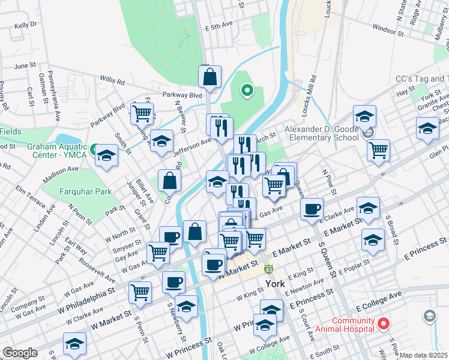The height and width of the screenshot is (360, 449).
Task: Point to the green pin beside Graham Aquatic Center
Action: pyautogui.click(x=94, y=148)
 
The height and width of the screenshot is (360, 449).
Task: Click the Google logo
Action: pyautogui.click(x=20, y=353)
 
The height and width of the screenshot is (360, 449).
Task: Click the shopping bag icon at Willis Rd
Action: pyautogui.click(x=210, y=77)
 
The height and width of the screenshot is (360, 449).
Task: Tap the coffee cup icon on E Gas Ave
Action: pyautogui.click(x=311, y=209)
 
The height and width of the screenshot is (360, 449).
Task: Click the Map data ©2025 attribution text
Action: pyautogui.click(x=423, y=355)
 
